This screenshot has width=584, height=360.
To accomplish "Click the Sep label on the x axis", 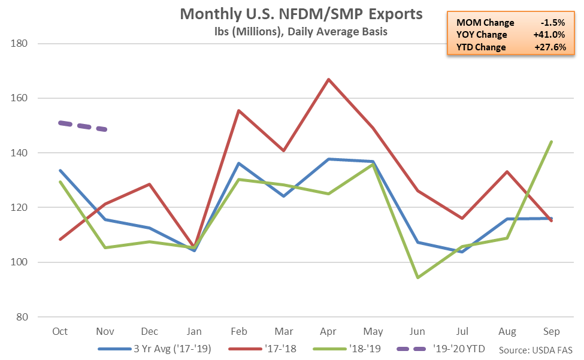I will tap(551, 331).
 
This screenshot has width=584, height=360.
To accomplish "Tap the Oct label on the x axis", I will tap(60, 331).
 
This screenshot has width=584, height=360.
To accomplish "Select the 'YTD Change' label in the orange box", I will tap(480, 47).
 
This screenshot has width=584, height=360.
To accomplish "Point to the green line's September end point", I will tap(551, 142).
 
